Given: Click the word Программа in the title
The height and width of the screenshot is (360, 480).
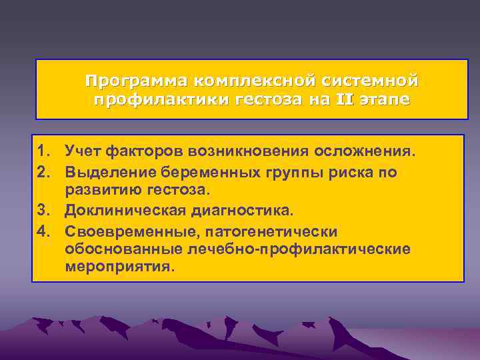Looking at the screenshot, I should (137, 81).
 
